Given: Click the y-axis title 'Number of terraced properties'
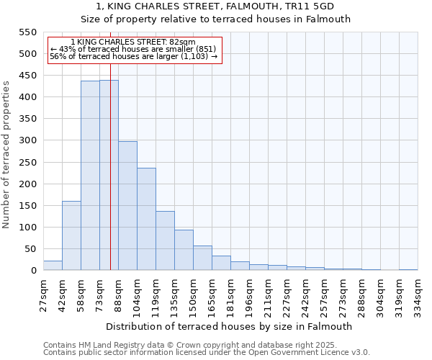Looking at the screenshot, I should click(x=6, y=154).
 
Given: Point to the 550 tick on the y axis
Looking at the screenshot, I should click(x=27, y=32).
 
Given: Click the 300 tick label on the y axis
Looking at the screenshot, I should click(x=27, y=140).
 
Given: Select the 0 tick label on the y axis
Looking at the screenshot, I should click(x=33, y=271).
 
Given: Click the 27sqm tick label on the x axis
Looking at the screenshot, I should click(x=44, y=296).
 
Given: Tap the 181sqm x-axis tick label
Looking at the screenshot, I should click(x=231, y=296).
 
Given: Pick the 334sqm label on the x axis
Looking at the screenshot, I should click(x=418, y=296).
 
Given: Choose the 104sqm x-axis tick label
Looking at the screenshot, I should click(x=138, y=296).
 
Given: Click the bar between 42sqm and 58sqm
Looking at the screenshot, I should click(x=71, y=235).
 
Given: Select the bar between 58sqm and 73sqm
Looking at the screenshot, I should click(x=90, y=176).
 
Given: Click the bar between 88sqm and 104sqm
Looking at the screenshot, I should click(x=127, y=206).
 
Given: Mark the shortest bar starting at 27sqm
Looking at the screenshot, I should click(x=53, y=266).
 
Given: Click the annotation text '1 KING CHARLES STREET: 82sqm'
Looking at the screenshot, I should click(x=133, y=42).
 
